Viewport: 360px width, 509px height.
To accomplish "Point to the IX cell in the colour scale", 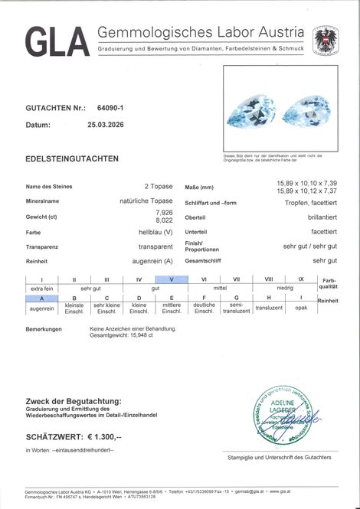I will tap(300, 279).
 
